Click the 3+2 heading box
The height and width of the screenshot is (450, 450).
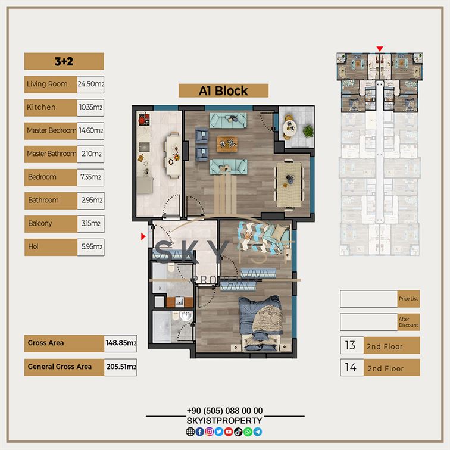click(x=64, y=61)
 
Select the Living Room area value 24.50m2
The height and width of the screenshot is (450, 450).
click(x=90, y=84)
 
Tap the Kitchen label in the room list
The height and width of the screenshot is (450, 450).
click(x=41, y=107)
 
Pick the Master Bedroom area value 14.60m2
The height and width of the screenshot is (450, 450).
click(x=90, y=130)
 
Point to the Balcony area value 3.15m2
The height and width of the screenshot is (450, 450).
click(x=90, y=224)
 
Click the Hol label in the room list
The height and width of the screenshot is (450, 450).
click(x=33, y=246)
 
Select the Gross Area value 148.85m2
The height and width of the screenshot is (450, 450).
click(x=120, y=343)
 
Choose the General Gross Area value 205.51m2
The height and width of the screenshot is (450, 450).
click(x=120, y=367)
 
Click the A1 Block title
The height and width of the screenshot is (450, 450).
click(x=223, y=91)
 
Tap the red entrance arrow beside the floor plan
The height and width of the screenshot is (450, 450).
click(x=143, y=236)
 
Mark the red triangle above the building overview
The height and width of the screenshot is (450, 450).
click(x=380, y=49)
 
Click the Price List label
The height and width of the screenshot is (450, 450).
click(x=408, y=299)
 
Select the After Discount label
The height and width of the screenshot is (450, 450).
click(x=408, y=322)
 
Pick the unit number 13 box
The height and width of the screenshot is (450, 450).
click(x=352, y=345)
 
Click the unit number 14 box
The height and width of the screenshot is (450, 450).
click(x=352, y=367)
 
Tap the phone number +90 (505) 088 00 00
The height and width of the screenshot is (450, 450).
click(x=225, y=411)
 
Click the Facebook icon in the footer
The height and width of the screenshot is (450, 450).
click(x=200, y=432)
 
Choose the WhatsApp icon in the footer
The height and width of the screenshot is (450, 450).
click(x=248, y=432)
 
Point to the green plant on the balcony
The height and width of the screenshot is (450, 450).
click(x=308, y=131)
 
